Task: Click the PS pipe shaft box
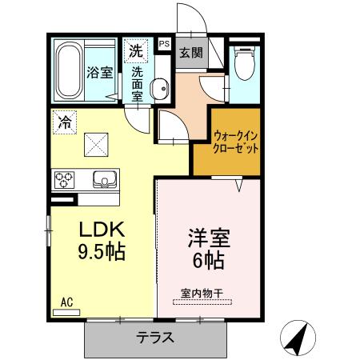click(164, 44)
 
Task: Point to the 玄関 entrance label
click(190, 54)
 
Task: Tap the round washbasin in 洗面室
click(158, 88)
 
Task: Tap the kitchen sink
click(103, 178)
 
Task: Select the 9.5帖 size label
click(100, 253)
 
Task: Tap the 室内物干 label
click(200, 292)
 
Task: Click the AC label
click(66, 302)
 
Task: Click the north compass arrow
click(299, 338)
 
